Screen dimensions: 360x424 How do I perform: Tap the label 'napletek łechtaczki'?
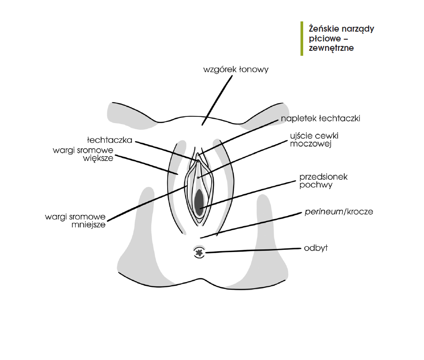pos(320,119)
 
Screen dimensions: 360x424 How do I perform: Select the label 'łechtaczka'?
pos(110,140)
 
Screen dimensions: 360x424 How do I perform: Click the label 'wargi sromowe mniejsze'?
pos(75,221)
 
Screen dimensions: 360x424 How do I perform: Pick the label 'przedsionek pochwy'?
pos(323,181)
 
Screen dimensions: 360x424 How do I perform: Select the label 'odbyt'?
pos(315,248)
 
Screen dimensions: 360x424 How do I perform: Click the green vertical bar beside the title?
pos(302,38)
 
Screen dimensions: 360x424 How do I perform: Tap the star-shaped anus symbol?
pos(199,253)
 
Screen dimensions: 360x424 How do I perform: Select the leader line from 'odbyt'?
pos(254,251)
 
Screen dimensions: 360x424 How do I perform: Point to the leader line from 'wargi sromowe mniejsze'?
pos(147,203)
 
